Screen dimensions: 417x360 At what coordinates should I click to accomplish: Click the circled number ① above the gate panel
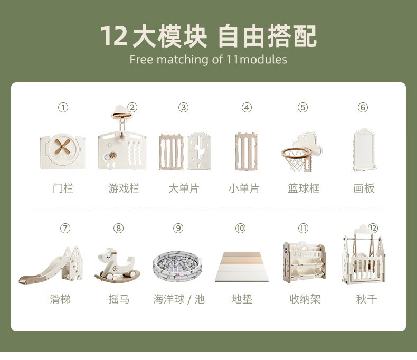[x=63, y=107]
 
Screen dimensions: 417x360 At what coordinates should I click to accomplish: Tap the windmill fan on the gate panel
[x=63, y=147]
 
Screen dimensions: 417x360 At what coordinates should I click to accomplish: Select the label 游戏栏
[x=124, y=188]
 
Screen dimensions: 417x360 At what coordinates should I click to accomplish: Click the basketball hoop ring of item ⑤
[x=296, y=153]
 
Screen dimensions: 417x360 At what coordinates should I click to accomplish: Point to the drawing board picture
[x=364, y=150]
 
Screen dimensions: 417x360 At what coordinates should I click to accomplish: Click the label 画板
[x=364, y=188]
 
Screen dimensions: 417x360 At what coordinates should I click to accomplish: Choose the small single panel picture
[x=247, y=151]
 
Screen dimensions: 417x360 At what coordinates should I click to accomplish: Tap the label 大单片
[x=184, y=188]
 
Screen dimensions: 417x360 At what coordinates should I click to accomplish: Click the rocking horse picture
[x=117, y=264]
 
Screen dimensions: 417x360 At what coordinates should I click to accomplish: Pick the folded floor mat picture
[x=242, y=267]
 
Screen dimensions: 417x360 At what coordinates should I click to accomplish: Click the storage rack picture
[x=304, y=262]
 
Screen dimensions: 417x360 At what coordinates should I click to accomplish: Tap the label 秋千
[x=366, y=299]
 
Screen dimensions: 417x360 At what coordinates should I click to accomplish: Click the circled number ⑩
[x=240, y=228]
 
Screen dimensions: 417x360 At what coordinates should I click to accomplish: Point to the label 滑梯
[x=60, y=299]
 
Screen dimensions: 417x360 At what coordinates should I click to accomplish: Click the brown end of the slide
[x=26, y=280]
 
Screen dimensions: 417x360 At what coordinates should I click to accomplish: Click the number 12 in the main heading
[x=114, y=35]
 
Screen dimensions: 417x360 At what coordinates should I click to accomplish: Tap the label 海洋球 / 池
[x=179, y=299]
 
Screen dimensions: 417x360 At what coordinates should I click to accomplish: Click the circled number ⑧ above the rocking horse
[x=118, y=228]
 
